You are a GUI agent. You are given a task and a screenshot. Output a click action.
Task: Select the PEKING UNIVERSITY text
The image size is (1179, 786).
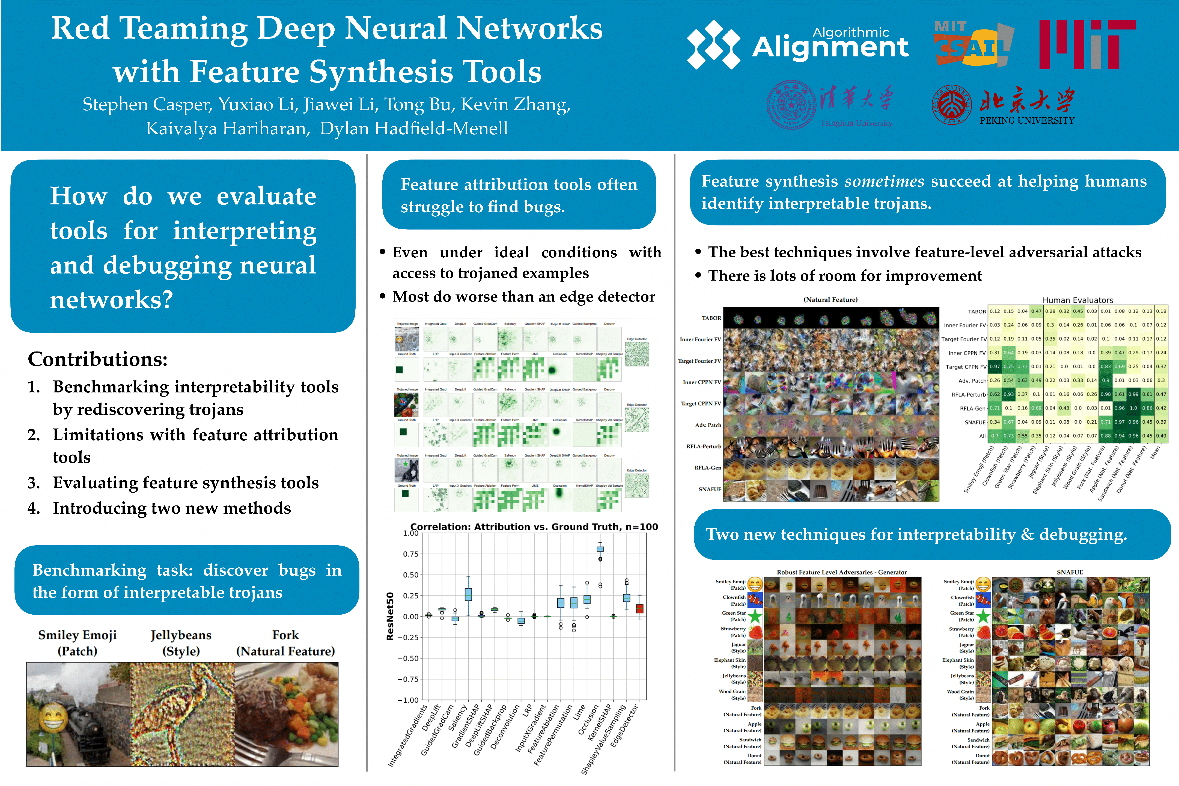pyautogui.click(x=1027, y=121)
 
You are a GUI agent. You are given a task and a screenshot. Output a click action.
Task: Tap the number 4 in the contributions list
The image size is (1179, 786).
pyautogui.click(x=34, y=508)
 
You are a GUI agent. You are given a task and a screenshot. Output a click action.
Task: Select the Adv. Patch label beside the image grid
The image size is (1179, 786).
pyautogui.click(x=707, y=425)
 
